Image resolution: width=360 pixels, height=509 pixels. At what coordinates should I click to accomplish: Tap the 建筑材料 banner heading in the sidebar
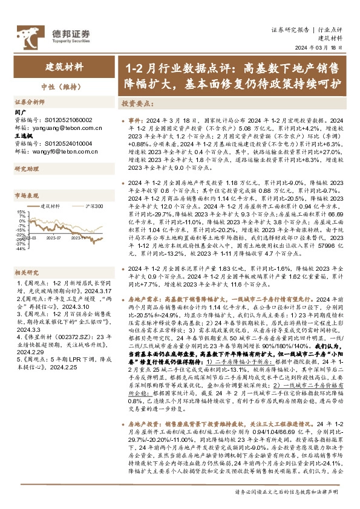(65, 68)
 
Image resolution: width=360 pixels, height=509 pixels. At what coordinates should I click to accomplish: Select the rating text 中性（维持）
(65, 85)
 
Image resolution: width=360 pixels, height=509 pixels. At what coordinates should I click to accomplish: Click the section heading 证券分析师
(30, 102)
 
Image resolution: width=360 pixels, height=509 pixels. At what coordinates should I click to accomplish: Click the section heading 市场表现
(27, 195)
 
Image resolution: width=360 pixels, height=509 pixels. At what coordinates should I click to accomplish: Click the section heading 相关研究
(27, 256)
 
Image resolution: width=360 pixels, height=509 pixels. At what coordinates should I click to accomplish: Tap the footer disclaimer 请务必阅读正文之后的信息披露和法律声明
(288, 492)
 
